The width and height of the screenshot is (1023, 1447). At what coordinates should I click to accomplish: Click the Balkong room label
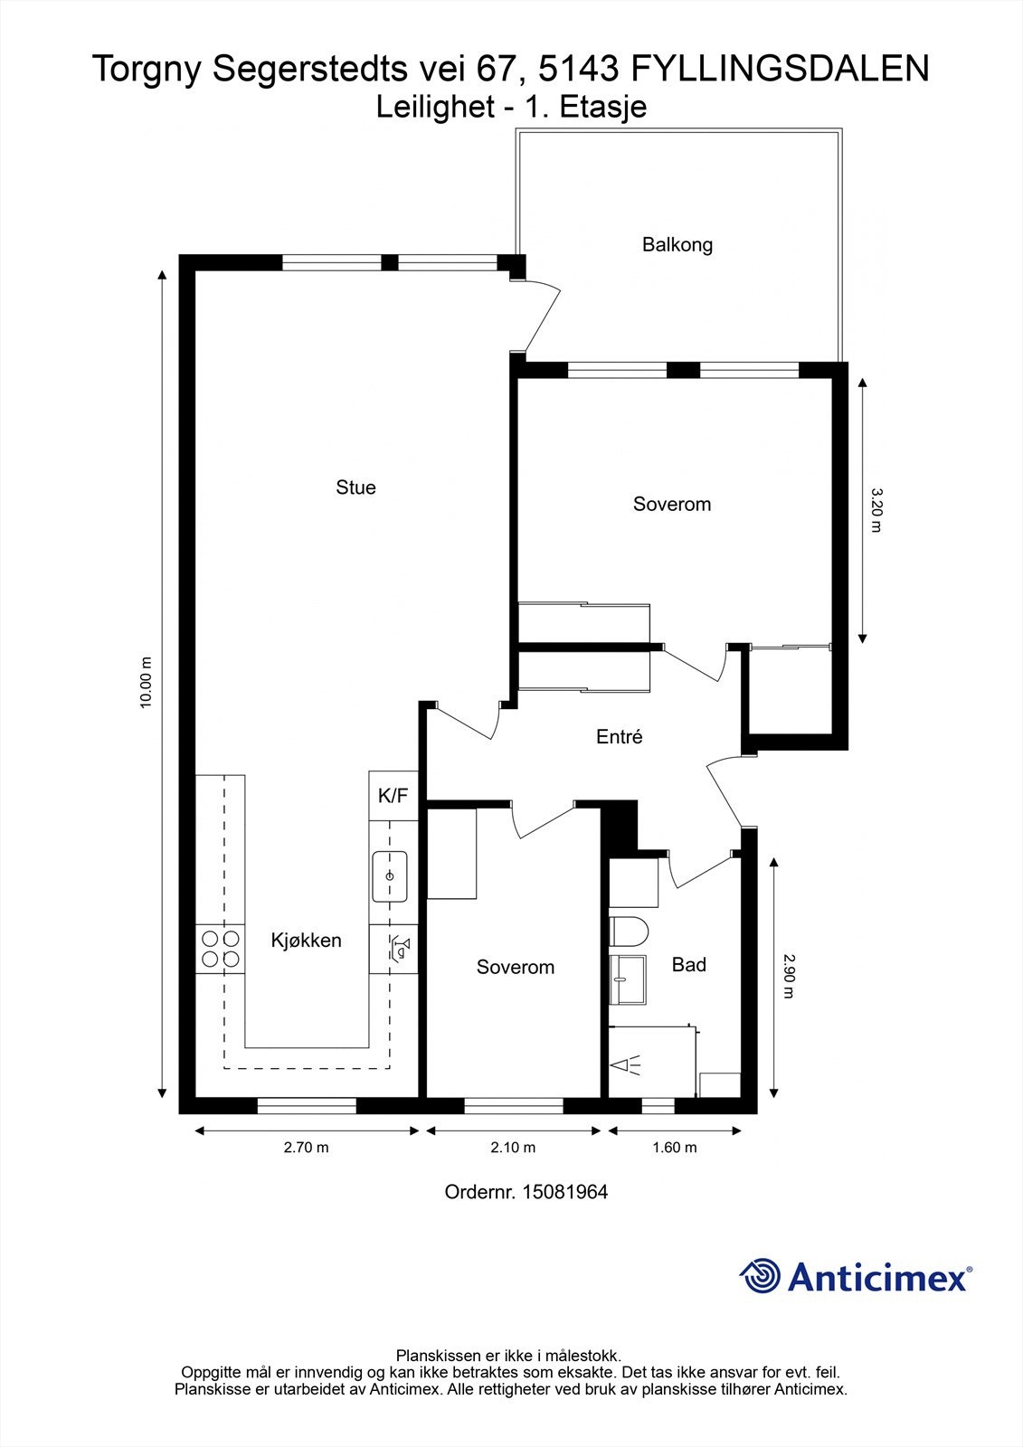677,245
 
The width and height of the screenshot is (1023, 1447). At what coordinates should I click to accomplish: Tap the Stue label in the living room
355,487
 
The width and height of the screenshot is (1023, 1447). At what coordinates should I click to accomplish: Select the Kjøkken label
306,941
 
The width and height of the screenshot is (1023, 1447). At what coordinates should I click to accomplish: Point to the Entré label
619,736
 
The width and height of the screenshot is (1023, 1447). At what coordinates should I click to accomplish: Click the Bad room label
689,965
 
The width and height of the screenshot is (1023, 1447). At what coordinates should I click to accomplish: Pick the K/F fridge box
393,796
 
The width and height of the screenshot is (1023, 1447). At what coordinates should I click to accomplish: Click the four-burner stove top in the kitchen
221,949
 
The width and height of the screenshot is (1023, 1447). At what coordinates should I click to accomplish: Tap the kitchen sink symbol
390,876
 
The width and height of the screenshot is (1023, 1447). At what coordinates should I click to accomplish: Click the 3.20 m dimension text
876,510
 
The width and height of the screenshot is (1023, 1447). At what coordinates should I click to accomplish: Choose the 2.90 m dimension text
788,976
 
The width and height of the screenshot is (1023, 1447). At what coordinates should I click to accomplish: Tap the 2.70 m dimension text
307,1148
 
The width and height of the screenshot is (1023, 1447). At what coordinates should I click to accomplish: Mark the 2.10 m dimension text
513,1148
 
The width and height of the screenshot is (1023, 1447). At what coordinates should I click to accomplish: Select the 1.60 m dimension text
675,1148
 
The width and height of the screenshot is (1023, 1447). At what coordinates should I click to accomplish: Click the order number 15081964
564,1192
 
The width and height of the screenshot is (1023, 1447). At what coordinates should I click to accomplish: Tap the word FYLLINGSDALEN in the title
780,69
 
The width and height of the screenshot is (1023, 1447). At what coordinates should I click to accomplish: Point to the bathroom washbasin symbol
628,980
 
